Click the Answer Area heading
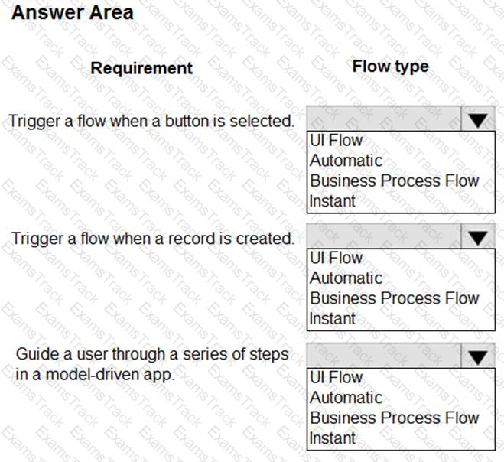point(73,13)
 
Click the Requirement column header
point(141,68)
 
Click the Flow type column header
point(390,67)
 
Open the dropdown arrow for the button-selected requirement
point(478,120)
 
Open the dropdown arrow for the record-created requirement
point(478,238)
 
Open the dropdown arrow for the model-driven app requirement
point(478,357)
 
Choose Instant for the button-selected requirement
point(333,201)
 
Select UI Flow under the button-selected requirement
point(336,141)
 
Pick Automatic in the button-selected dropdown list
point(346,161)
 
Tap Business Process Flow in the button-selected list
point(394,181)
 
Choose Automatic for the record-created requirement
point(346,278)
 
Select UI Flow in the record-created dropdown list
point(336,259)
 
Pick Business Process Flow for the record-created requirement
point(394,299)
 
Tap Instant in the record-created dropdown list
point(333,319)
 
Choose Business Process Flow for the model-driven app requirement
point(394,418)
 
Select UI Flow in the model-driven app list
point(336,378)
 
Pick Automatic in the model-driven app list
point(346,398)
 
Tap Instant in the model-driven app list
point(333,438)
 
